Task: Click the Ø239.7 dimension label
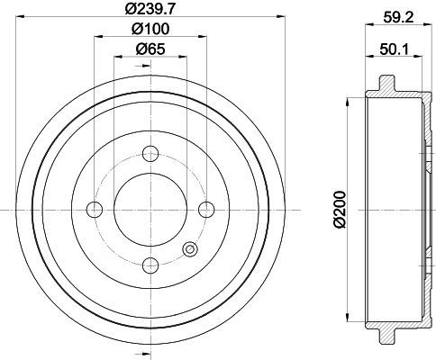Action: tap(150, 8)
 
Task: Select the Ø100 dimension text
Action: tap(150, 29)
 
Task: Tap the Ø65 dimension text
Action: tap(150, 49)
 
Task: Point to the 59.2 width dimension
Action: tap(399, 17)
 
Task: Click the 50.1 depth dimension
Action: tap(395, 49)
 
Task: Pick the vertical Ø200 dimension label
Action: tap(341, 210)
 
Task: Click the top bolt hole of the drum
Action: tap(150, 154)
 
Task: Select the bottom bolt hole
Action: tap(150, 265)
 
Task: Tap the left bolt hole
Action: tap(95, 210)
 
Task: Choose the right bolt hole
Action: tap(206, 210)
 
